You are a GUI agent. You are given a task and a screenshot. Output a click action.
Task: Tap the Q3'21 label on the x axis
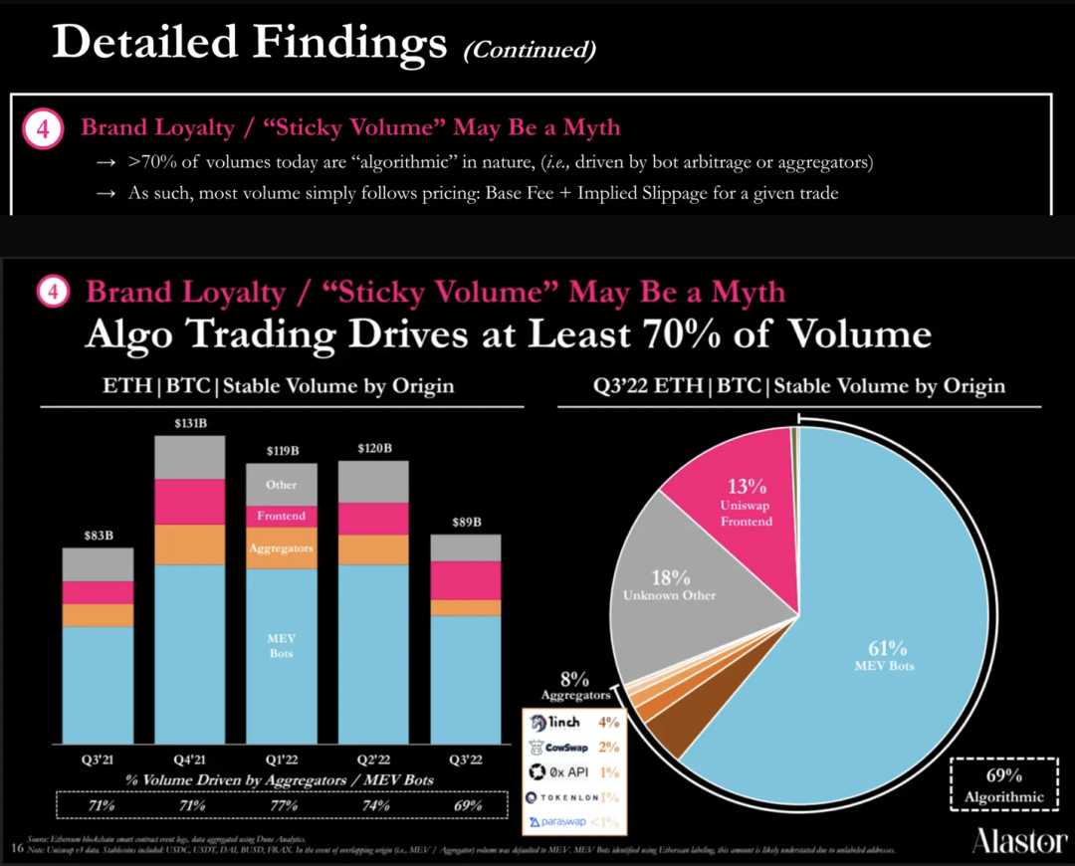tap(97, 759)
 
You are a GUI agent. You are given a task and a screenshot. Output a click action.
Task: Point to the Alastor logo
tap(1018, 842)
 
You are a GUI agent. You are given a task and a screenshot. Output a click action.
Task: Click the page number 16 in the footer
tap(15, 848)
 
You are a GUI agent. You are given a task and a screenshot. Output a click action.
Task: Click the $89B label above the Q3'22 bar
tap(466, 523)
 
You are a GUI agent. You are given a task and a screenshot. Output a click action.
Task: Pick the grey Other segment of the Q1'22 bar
tap(282, 484)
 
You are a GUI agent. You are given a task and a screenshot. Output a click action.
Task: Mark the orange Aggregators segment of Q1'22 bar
tap(282, 548)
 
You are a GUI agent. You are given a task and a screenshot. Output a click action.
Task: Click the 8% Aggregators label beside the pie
tap(575, 686)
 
